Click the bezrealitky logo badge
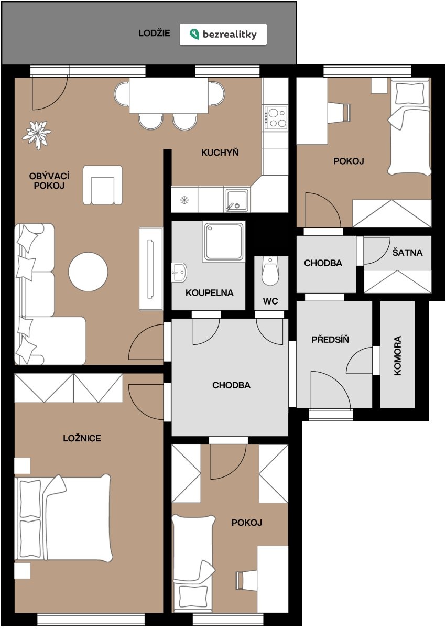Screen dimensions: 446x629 223,34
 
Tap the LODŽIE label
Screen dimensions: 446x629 154,33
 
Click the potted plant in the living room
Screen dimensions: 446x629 37,135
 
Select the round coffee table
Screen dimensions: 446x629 88,272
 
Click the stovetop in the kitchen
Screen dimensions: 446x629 275,118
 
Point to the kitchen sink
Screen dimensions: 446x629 236,200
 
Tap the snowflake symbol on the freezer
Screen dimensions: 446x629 184,200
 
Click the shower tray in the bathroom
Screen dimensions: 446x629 223,242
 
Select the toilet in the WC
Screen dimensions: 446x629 270,271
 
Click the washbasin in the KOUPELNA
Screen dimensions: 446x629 179,273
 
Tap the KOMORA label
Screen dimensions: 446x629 397,355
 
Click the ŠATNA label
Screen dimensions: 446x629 407,253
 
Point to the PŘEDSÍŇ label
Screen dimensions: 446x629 330,339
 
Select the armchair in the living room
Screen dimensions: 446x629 103,186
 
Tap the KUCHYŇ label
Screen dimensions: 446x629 220,153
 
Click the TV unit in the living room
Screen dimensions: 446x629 151,269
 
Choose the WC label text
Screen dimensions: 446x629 270,301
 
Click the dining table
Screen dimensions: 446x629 169,95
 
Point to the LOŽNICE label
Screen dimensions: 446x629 82,438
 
